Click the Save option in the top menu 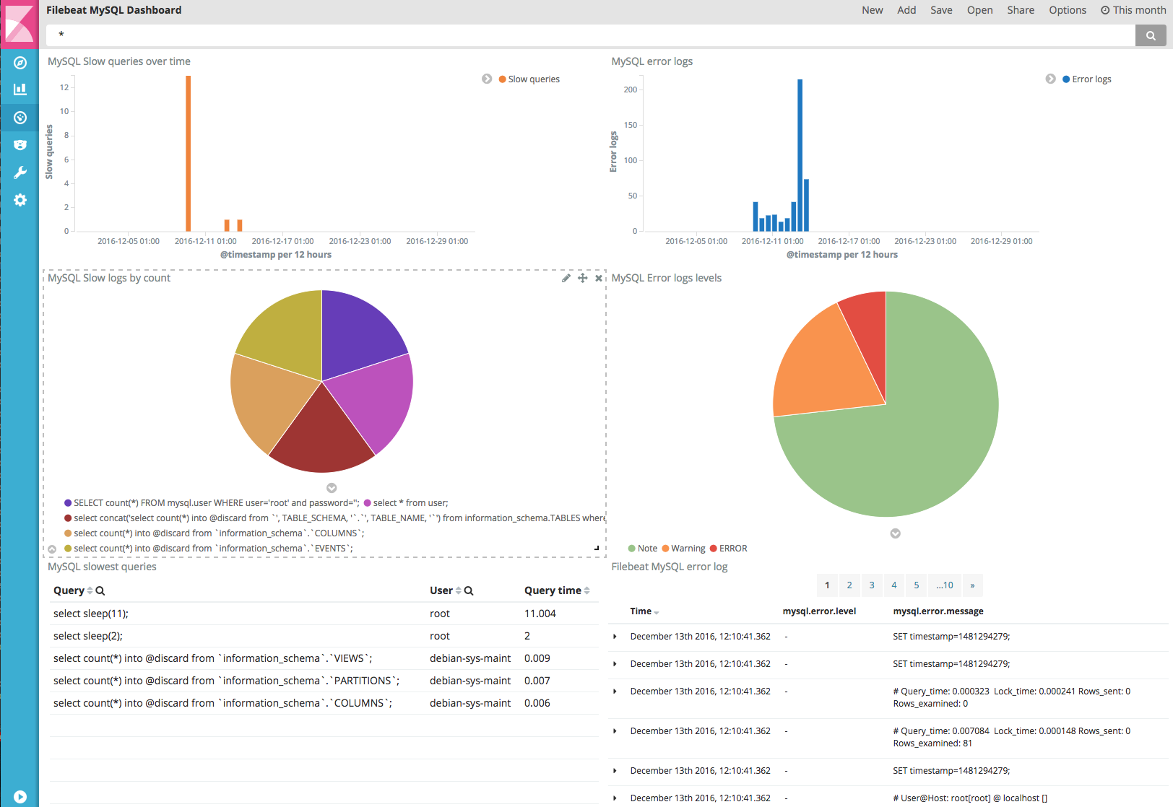coord(940,10)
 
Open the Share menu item coord(1020,10)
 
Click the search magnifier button coord(1150,35)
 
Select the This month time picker coord(1133,10)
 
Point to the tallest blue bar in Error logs coord(800,154)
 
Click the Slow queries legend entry coord(533,79)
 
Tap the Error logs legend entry coord(1091,79)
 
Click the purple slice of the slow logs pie coord(358,332)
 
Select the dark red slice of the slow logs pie coord(322,433)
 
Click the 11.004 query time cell coord(540,614)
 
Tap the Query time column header coord(553,590)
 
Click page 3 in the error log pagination coord(872,585)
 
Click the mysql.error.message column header coord(938,611)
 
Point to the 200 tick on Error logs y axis coord(631,90)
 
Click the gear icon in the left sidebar coord(20,200)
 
